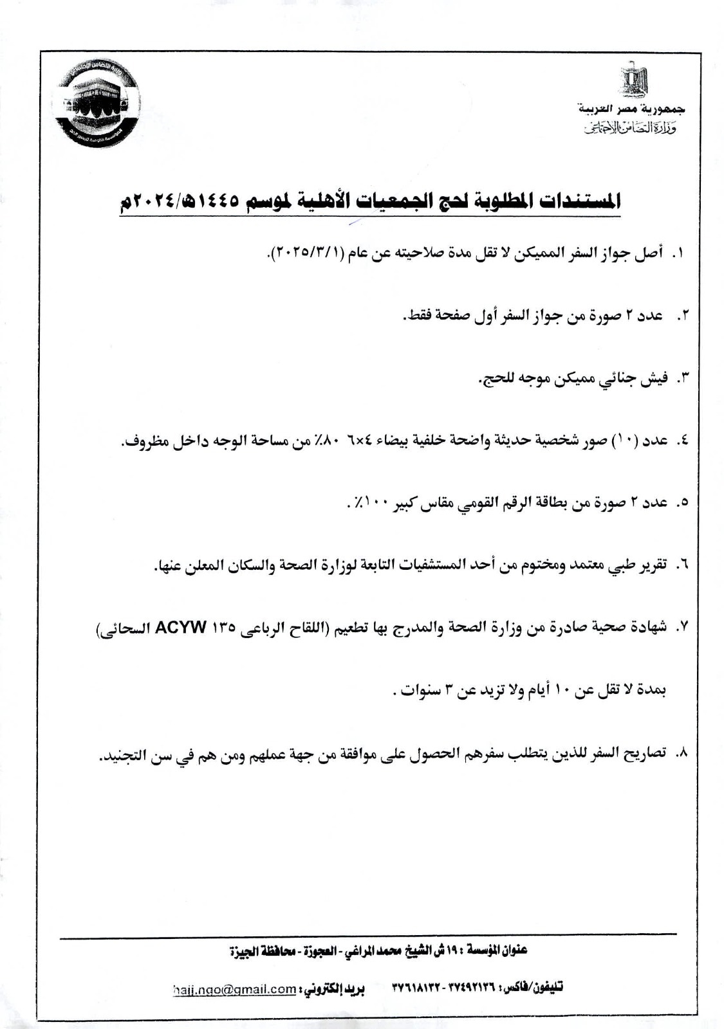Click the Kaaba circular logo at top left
click(97, 106)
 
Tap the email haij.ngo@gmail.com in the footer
click(234, 989)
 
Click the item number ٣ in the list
click(682, 378)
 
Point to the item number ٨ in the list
click(682, 752)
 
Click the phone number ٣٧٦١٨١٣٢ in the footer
click(415, 988)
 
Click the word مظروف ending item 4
click(142, 442)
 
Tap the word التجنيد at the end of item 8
click(126, 754)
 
